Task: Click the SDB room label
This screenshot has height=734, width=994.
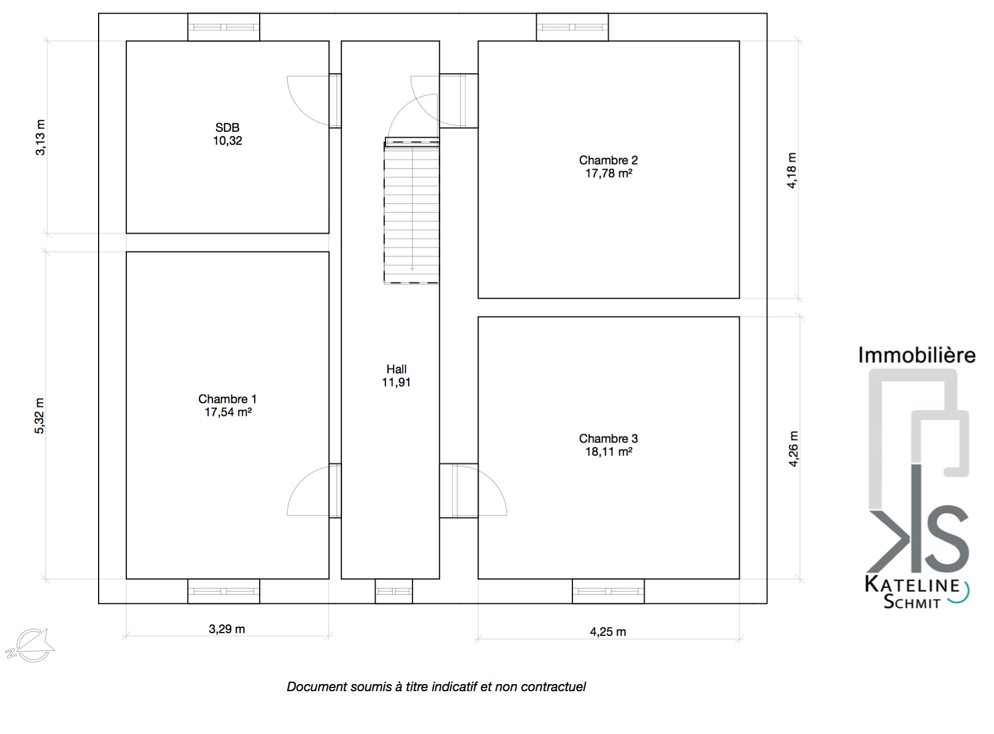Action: (227, 128)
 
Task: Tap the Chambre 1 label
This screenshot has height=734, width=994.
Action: (227, 400)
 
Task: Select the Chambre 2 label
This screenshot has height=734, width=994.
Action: (608, 160)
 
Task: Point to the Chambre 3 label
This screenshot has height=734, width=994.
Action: (608, 439)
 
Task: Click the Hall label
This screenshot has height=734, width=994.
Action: (396, 369)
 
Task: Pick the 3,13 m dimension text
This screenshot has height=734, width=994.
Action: (41, 137)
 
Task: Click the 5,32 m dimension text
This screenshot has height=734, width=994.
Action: (40, 416)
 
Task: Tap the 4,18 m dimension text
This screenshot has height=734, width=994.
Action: (792, 170)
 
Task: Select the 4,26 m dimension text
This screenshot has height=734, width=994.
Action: (793, 449)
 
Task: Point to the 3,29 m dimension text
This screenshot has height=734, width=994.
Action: (227, 629)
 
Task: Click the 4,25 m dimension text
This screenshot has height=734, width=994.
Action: (608, 632)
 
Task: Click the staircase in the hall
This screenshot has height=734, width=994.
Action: (412, 211)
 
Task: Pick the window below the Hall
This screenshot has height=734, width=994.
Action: (394, 591)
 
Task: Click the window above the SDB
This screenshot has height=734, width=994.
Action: (224, 27)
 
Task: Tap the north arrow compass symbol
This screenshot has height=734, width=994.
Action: (30, 645)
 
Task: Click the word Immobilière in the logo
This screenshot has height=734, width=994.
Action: (917, 356)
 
